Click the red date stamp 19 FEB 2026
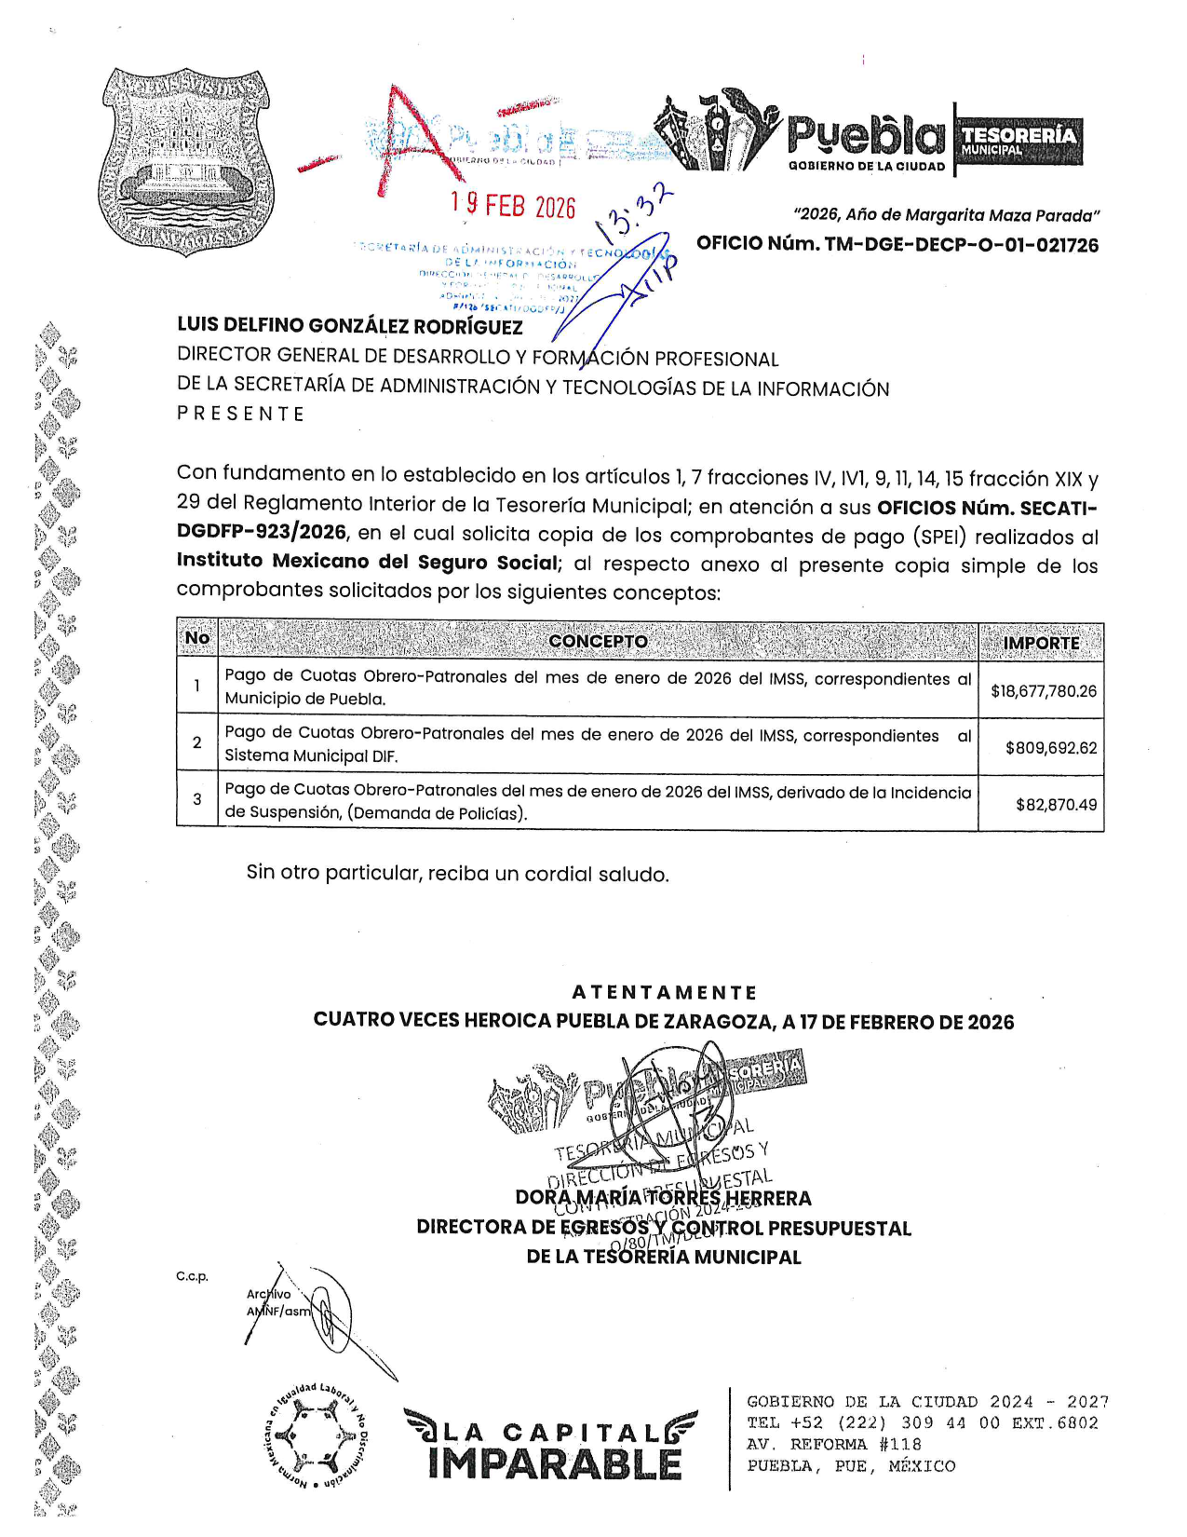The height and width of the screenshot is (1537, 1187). tap(513, 205)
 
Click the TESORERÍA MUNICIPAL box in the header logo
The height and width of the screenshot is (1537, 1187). tap(1019, 141)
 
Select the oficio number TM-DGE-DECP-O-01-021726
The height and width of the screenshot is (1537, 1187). tap(897, 245)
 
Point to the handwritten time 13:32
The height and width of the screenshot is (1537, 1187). tap(638, 210)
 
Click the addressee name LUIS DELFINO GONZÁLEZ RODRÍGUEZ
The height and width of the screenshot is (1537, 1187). tap(350, 326)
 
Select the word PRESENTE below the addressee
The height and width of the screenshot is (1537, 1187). tap(241, 414)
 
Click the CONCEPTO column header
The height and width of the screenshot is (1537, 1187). tap(598, 641)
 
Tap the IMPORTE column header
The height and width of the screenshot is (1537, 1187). tap(1041, 643)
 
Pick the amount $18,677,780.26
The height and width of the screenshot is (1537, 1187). tap(1043, 691)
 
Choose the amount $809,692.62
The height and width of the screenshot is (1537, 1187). tap(1050, 748)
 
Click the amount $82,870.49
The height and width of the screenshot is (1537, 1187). tap(1056, 804)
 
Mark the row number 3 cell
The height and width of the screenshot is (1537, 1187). tap(197, 799)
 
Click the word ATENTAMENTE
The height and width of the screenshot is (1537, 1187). tap(664, 993)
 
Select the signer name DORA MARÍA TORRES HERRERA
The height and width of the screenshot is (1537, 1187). tap(663, 1198)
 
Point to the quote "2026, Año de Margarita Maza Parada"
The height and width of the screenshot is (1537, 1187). tap(946, 215)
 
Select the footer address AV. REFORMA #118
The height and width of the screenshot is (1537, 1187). tap(834, 1445)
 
